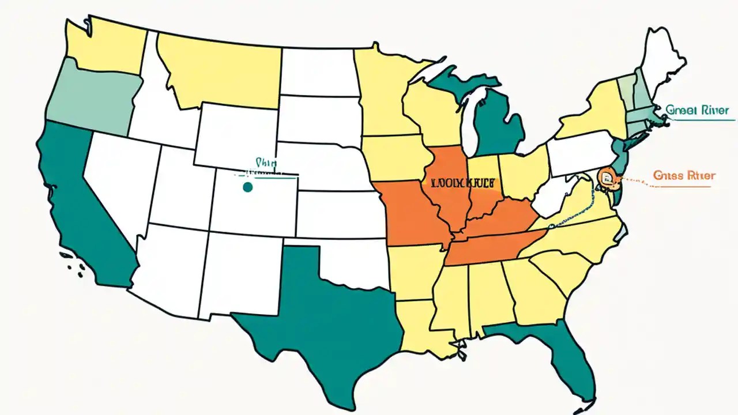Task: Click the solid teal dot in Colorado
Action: [248, 187]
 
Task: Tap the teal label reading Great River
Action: [697, 110]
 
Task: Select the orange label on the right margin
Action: [685, 175]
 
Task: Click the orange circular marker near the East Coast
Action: [607, 176]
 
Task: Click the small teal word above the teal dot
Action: [263, 163]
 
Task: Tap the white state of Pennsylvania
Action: [579, 153]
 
